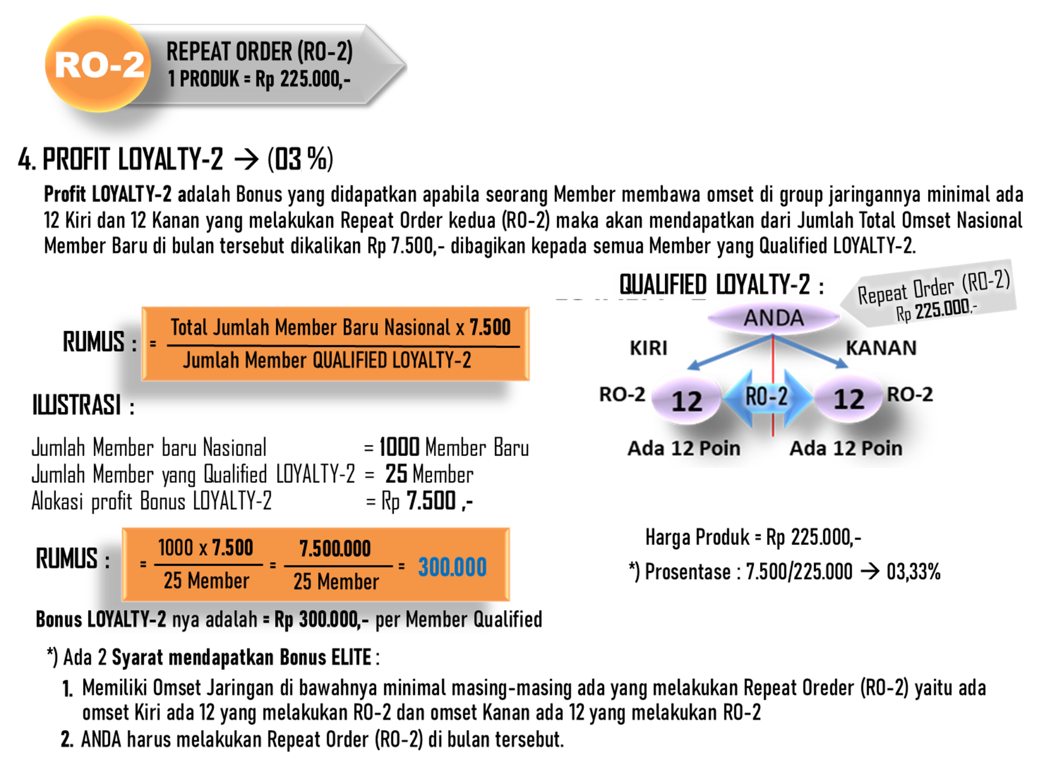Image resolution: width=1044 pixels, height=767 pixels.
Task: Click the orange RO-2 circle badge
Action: tap(98, 64)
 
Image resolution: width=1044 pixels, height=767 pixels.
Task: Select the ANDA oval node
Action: tap(773, 318)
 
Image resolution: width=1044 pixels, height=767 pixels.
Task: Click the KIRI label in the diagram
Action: tap(648, 348)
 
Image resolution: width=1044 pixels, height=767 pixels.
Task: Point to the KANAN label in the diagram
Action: tap(881, 348)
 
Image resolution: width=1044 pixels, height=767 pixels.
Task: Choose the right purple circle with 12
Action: tap(849, 398)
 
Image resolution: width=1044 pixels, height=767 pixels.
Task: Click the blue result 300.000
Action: tap(452, 567)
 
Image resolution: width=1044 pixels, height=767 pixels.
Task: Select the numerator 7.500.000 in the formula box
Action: tap(335, 548)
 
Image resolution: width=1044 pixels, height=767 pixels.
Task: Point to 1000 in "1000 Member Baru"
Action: tap(399, 447)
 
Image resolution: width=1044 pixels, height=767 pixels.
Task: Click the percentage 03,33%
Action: tap(913, 572)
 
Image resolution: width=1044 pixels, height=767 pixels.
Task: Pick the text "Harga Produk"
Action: tap(697, 538)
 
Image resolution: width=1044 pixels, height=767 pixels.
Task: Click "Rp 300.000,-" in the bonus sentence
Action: tap(321, 619)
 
